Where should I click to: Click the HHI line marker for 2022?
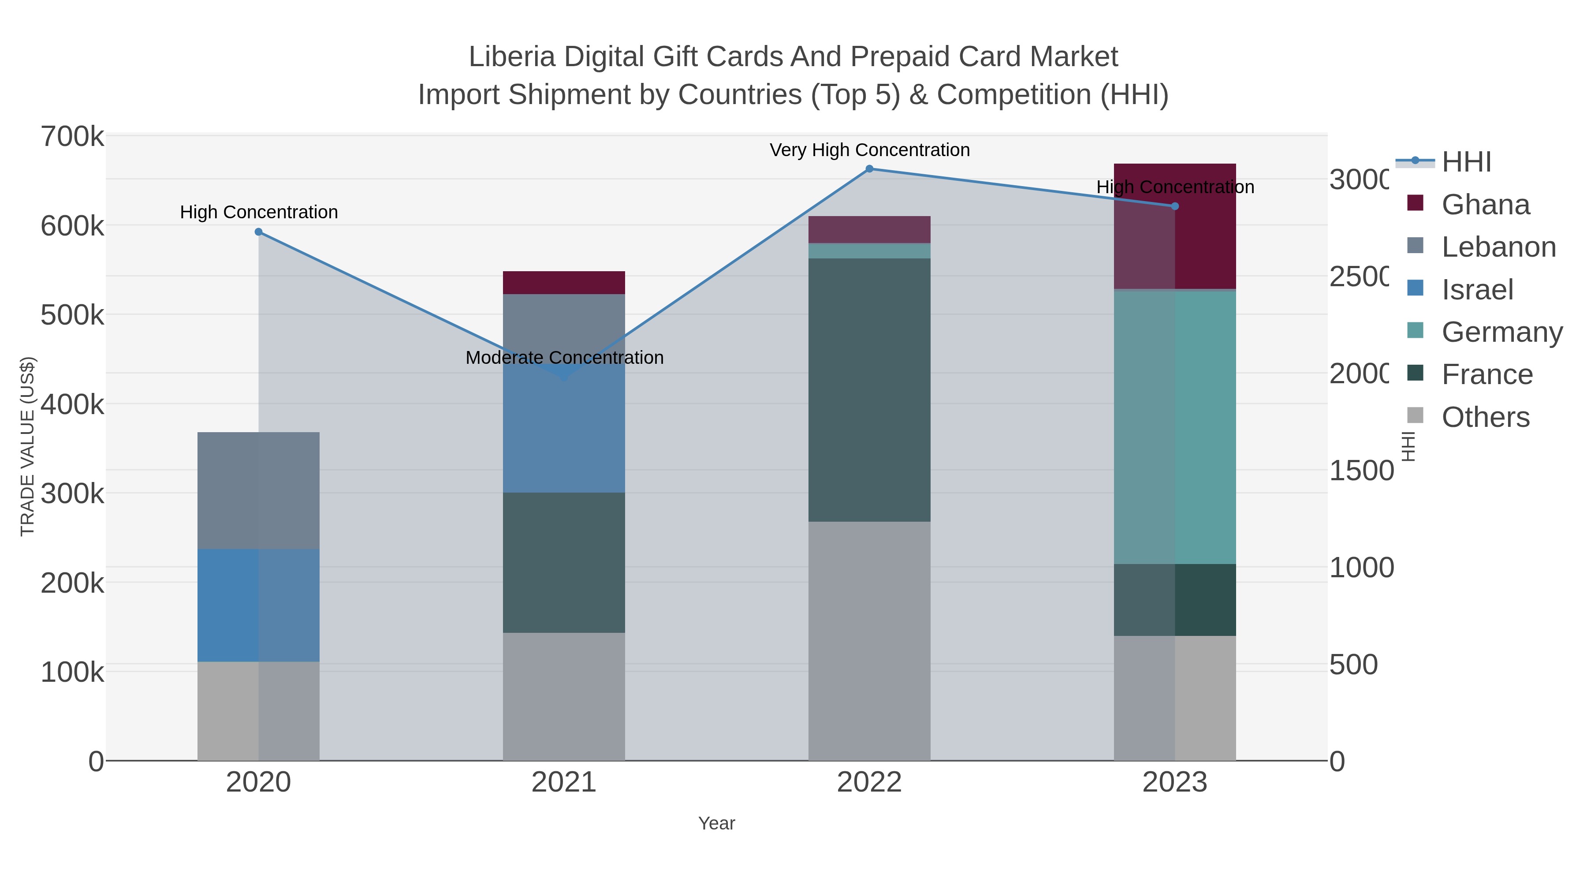tap(869, 169)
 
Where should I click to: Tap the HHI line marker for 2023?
tap(1175, 206)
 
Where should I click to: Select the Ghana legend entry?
tap(1485, 205)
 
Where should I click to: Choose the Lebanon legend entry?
tap(1498, 247)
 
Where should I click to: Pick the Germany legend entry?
tap(1501, 332)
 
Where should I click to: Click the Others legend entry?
tap(1485, 417)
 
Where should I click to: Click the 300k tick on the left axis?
tap(72, 493)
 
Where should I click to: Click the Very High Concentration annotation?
tap(869, 150)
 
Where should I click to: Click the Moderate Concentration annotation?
tap(564, 358)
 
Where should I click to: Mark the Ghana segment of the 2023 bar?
tap(1175, 247)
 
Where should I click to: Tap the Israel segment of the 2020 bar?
tap(258, 605)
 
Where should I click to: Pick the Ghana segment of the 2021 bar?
tap(564, 283)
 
